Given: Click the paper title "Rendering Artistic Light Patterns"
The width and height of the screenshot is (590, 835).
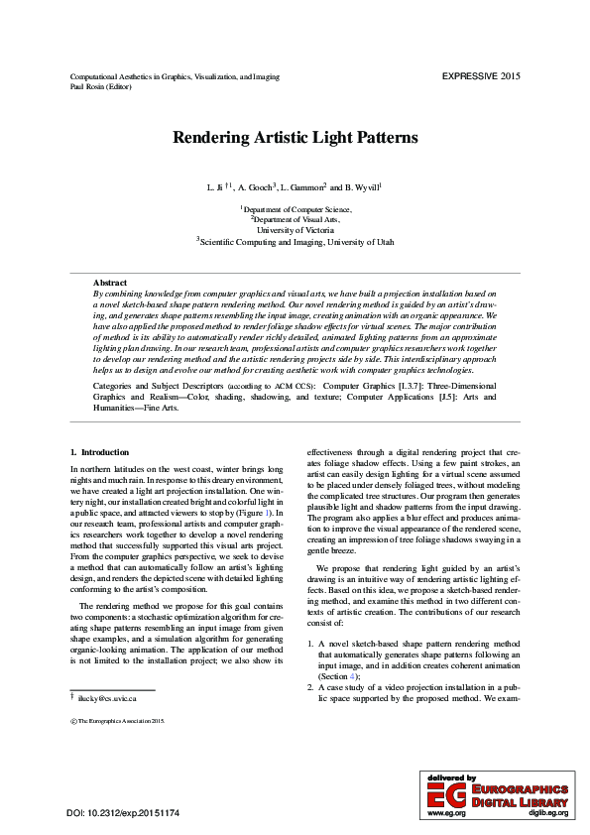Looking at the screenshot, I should click(295, 139).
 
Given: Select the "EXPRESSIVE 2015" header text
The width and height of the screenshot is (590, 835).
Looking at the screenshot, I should click(481, 76).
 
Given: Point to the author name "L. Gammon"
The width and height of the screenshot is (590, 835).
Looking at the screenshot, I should click(303, 186).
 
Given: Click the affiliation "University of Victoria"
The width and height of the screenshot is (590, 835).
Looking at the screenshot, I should click(295, 229).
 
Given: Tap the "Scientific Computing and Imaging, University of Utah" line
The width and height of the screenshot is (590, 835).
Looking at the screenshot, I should click(295, 240).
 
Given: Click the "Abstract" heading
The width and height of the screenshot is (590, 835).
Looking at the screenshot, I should click(109, 284).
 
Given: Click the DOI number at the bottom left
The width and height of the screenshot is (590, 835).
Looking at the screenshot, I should click(123, 813).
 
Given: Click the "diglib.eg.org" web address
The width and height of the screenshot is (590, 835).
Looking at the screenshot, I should click(547, 812).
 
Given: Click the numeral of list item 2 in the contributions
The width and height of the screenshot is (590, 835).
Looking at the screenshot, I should click(309, 685).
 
